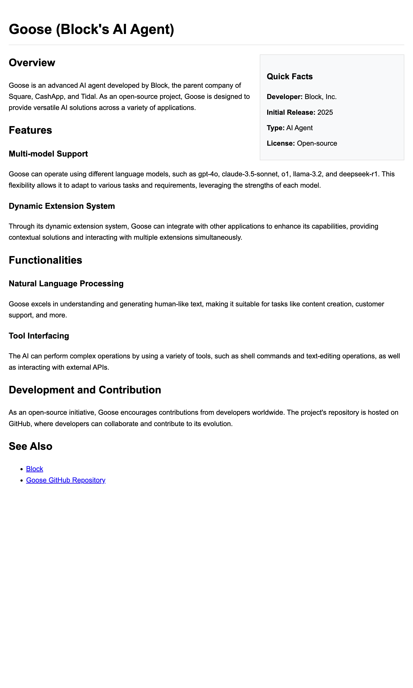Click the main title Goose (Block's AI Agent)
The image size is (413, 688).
91,29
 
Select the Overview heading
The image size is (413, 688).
32,63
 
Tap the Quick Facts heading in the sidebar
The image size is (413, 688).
289,77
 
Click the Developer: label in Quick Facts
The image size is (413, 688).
284,97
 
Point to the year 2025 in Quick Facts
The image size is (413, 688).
325,113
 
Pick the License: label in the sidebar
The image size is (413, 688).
280,143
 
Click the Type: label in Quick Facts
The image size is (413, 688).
275,128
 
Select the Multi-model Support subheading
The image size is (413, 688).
49,154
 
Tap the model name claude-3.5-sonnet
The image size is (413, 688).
250,174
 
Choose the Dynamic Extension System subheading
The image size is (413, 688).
62,206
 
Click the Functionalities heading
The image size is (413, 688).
45,260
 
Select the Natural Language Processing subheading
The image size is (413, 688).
66,284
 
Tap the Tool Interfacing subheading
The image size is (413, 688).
39,336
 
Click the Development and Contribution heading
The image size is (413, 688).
85,390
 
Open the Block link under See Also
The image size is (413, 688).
35,469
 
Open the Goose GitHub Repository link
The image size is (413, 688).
66,480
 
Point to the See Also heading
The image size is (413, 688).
31,446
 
